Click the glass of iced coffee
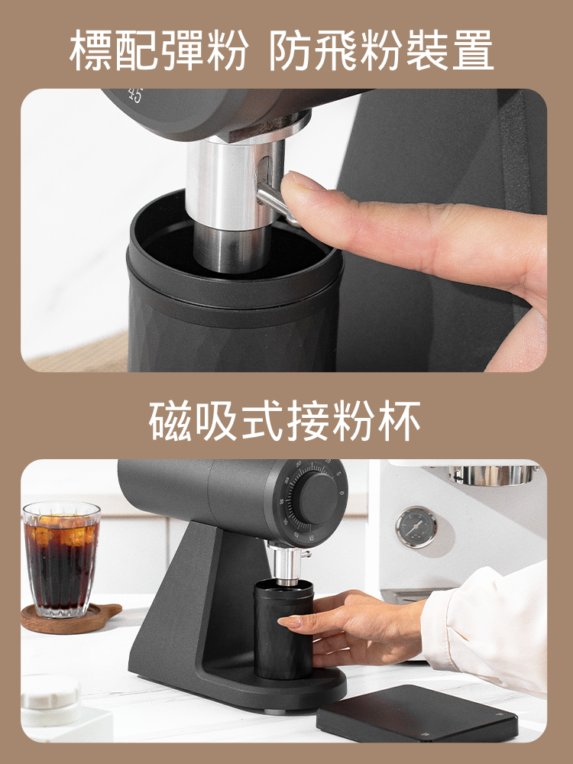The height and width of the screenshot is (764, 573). tap(61, 559)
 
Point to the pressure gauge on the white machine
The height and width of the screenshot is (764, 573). tap(416, 526)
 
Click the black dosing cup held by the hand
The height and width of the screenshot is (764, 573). tap(284, 629)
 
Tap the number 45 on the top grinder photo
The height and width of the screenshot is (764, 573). tap(135, 95)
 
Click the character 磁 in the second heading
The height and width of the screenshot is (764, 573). tap(170, 420)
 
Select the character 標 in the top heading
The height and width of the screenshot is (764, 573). tap(91, 50)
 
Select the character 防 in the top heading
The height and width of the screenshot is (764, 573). tap(291, 50)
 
